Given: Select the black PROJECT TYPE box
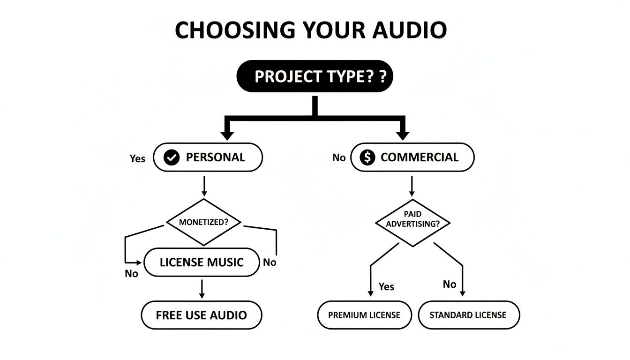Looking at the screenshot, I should click(315, 76).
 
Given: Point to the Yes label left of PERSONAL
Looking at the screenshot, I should click(137, 158).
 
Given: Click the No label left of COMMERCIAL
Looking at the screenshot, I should click(339, 158).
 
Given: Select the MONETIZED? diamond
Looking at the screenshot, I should click(203, 222).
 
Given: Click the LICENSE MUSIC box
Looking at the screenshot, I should click(202, 262).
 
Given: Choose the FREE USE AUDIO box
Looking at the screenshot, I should click(202, 315).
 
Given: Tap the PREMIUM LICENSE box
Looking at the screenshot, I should click(364, 315).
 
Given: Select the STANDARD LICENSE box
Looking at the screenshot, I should click(468, 315).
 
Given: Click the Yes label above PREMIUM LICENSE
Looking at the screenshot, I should click(386, 286).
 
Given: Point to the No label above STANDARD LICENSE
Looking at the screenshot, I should click(449, 284).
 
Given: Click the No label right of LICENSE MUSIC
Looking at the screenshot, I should click(270, 262).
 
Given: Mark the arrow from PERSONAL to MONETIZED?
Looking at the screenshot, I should click(203, 186).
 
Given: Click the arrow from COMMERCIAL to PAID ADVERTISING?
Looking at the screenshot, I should click(412, 186).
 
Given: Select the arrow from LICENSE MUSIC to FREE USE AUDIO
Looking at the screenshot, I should click(202, 289).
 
